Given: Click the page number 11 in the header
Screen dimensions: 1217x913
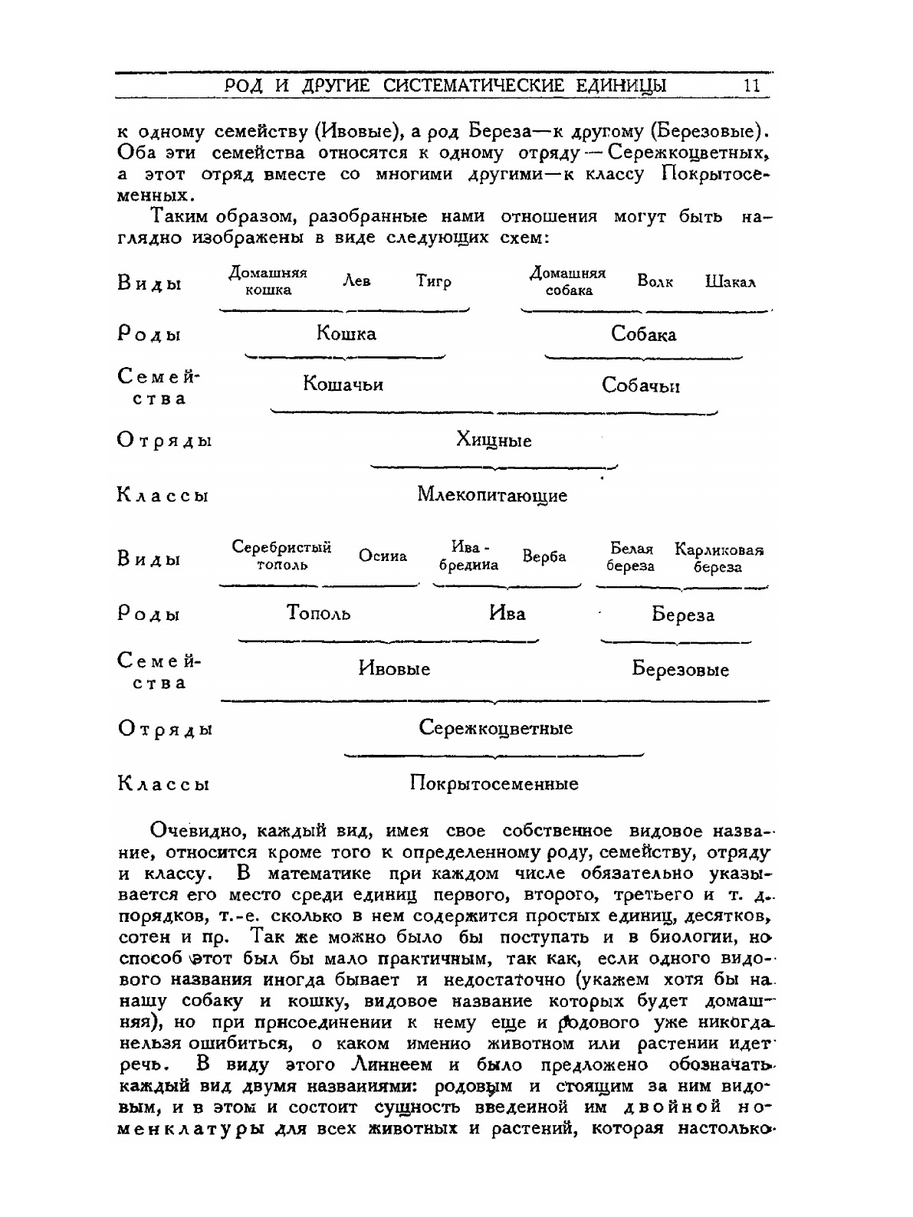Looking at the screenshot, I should [x=751, y=85].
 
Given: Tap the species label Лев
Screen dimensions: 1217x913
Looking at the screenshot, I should [x=356, y=281].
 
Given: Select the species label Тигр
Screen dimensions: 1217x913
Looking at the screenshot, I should [x=434, y=281].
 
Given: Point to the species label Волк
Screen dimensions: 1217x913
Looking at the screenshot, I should [x=655, y=281].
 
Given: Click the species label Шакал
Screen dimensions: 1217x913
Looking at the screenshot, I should [x=731, y=281].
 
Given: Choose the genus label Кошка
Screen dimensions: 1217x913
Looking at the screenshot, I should [x=346, y=334].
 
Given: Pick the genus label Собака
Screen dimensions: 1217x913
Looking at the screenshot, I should [x=644, y=334].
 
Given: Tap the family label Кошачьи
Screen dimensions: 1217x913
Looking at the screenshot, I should [x=343, y=384].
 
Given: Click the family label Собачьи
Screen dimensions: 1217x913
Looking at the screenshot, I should [x=641, y=385].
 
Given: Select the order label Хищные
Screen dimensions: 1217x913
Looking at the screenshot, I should [x=494, y=441].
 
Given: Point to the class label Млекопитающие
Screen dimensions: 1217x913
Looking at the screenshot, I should [x=492, y=495].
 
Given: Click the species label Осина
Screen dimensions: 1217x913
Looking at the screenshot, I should [x=383, y=557].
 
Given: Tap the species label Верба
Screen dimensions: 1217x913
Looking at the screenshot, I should [x=544, y=557].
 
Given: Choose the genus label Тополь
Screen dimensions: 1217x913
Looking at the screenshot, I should [x=319, y=613].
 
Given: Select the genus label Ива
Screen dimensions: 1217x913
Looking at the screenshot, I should [x=507, y=613].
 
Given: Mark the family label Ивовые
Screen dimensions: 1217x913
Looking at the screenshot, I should [x=395, y=669].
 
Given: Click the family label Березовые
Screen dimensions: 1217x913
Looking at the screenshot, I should [x=681, y=670].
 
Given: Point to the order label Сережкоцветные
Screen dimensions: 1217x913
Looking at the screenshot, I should [x=496, y=728].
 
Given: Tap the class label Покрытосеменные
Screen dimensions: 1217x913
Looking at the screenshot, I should [x=494, y=784].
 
